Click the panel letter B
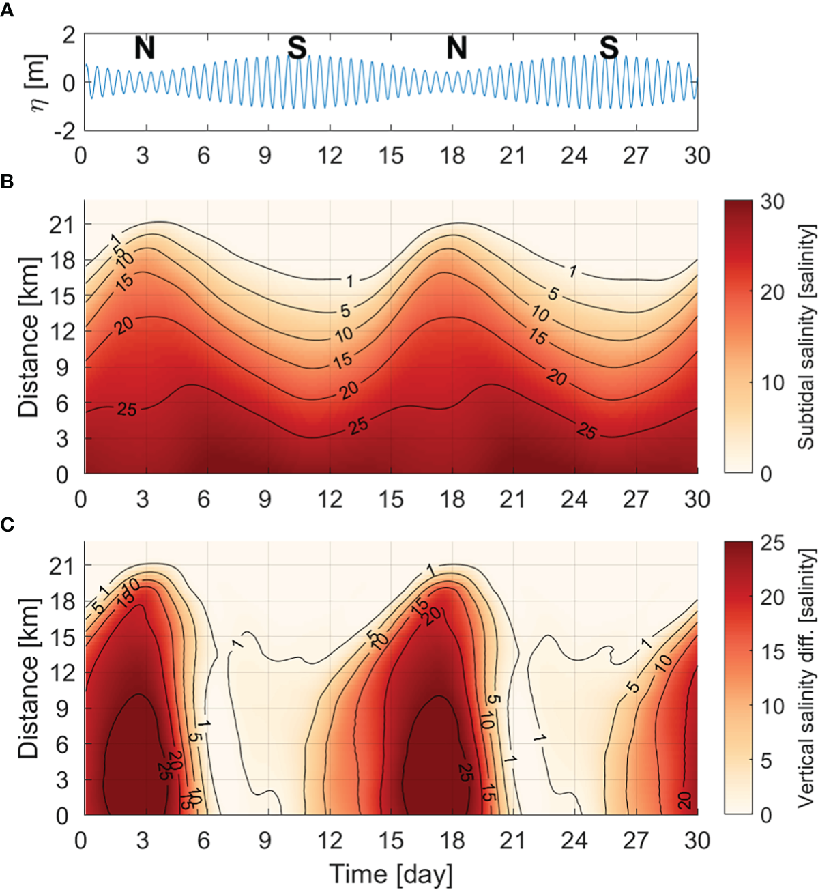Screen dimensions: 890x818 click(7, 183)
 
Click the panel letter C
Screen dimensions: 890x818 click(7, 526)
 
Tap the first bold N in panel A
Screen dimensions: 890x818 click(145, 48)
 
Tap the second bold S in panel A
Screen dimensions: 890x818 click(609, 48)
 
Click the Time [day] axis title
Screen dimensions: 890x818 click(390, 874)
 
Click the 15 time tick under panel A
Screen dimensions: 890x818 click(390, 156)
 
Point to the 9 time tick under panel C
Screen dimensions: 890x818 click(265, 839)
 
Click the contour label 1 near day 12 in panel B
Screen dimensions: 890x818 click(349, 281)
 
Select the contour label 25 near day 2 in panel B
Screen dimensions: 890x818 click(128, 410)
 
